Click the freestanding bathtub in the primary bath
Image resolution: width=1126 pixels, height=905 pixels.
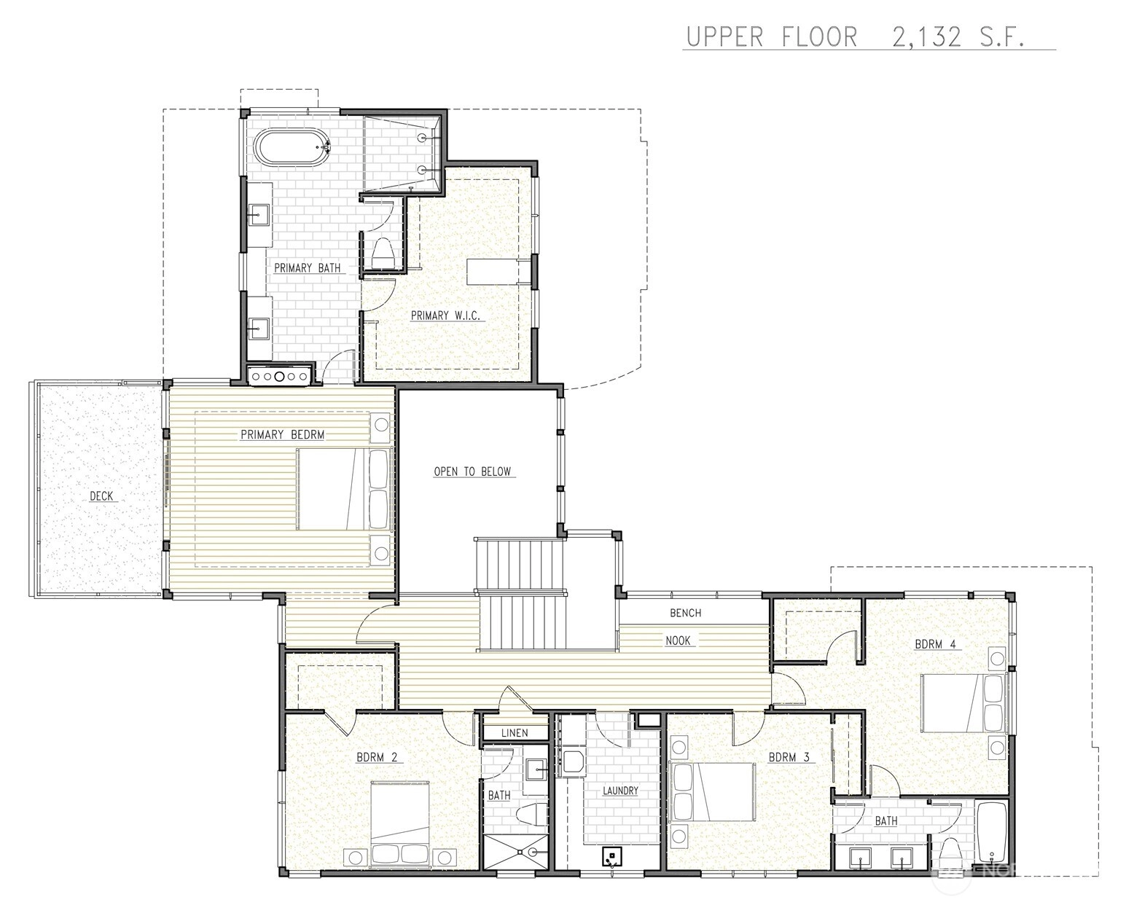click(x=292, y=147)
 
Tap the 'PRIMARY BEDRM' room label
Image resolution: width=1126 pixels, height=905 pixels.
click(x=283, y=435)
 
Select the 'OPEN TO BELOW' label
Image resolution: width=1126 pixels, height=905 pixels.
click(x=472, y=471)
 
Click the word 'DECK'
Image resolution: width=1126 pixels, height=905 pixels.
click(x=101, y=496)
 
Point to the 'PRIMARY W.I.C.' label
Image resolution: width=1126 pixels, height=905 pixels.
click(x=445, y=316)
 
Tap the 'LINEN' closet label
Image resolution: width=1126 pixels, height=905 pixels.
click(x=515, y=733)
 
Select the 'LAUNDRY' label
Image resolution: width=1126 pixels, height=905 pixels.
click(x=620, y=791)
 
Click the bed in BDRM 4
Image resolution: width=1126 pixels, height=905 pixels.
click(x=963, y=703)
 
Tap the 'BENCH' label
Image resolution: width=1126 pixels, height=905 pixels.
click(x=685, y=613)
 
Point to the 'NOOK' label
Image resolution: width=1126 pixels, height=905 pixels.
click(x=678, y=640)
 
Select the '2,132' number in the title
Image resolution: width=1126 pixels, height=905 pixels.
click(x=927, y=37)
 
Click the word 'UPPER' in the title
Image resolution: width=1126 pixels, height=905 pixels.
click(x=724, y=37)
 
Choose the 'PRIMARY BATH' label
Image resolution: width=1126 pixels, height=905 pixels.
click(x=307, y=268)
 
